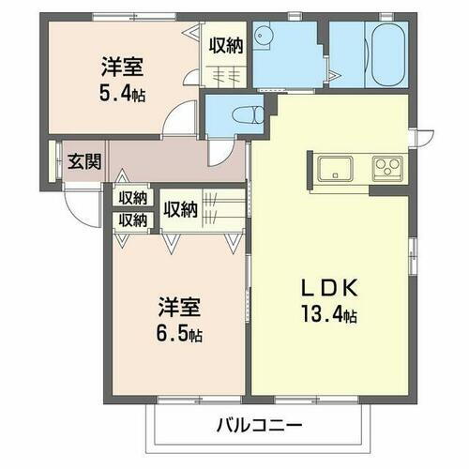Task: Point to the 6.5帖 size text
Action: coord(179,333)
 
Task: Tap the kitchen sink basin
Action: coord(334,171)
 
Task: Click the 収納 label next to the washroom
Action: coord(226,44)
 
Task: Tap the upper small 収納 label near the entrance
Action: coord(132,198)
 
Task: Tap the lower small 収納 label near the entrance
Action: coord(132,220)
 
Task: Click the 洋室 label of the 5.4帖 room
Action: coord(123,67)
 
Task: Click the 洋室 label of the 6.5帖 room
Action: coord(179,307)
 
